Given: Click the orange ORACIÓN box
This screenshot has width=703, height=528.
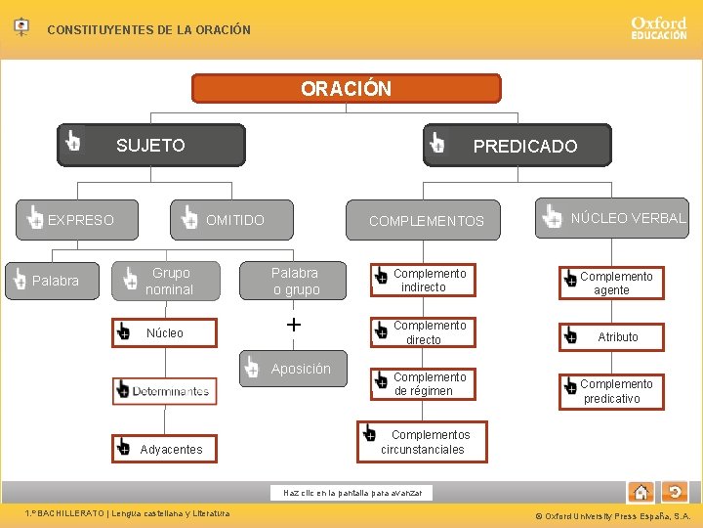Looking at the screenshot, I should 346,89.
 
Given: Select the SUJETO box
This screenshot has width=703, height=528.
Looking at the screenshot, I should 151,146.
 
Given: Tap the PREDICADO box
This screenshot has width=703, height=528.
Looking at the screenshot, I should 517,146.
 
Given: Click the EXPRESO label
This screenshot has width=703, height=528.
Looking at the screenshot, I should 81,220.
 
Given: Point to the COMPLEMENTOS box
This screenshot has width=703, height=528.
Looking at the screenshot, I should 426,221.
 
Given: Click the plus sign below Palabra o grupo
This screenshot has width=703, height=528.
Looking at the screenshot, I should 294,325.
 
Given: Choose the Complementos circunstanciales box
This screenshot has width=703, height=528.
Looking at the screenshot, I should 420,442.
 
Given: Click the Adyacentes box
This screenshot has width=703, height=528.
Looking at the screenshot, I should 162,449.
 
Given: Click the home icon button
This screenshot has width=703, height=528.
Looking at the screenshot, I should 641,492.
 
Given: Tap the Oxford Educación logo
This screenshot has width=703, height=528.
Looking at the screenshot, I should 658,27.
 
